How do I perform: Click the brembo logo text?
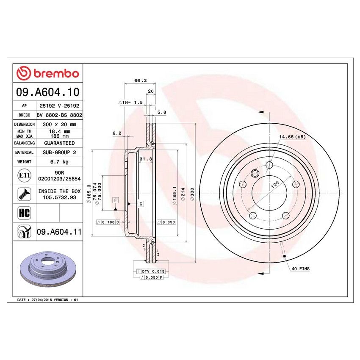[47, 73]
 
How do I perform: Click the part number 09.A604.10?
[47, 92]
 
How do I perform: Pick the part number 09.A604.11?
[59, 232]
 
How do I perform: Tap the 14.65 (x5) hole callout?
[292, 137]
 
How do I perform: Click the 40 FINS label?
[301, 269]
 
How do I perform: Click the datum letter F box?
[115, 199]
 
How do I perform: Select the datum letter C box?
[141, 204]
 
